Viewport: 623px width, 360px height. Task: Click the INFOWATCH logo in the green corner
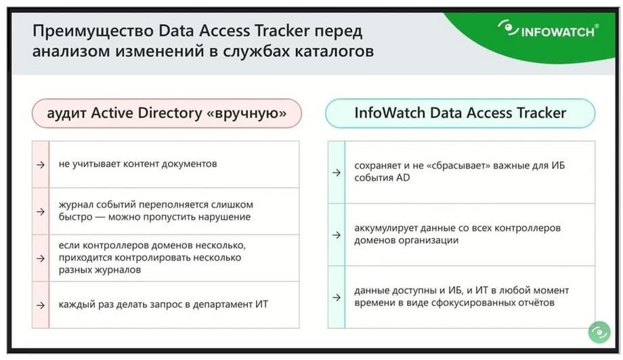coord(549,29)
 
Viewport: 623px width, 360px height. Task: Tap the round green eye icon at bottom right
coord(599,332)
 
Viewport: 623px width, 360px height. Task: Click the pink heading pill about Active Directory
coord(167,113)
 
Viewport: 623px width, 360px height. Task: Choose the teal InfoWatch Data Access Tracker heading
coord(460,113)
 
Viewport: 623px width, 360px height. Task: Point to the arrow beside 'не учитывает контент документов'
coord(41,164)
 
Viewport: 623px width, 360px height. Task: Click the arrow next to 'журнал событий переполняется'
coord(41,212)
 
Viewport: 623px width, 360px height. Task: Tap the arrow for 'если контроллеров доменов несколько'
coord(41,258)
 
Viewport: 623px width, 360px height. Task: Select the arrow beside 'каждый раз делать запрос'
coord(41,305)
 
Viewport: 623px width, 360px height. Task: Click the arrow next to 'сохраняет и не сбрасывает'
coord(337,173)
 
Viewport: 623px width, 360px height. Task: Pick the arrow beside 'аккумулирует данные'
coord(337,235)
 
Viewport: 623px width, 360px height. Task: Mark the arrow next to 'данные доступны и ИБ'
coord(337,297)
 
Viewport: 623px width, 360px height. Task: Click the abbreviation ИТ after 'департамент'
coord(262,305)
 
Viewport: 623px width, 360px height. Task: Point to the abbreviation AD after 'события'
coord(403,178)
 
